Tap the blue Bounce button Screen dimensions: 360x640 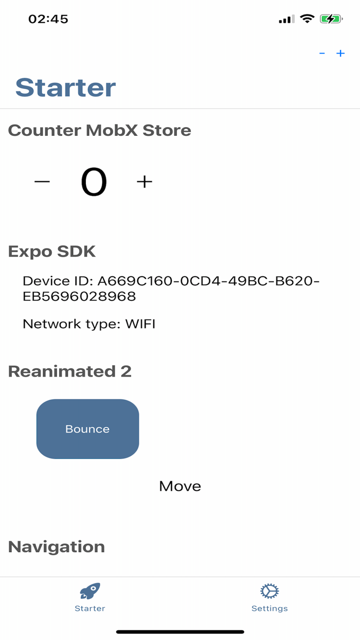(87, 429)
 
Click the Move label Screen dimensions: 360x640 (180, 486)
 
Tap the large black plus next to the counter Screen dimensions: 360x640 (145, 182)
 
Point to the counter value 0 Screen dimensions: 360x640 (94, 183)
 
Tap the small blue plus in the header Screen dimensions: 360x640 (340, 54)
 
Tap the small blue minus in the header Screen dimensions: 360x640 (322, 54)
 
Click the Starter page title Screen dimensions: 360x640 (66, 87)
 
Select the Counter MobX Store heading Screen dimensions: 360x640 (100, 131)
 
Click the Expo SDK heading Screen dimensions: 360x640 (52, 252)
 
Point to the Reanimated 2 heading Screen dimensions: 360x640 (70, 371)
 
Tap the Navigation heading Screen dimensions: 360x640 (57, 547)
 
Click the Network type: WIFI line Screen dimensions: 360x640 (89, 324)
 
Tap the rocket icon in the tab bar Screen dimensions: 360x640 (90, 591)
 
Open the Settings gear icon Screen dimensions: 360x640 (269, 591)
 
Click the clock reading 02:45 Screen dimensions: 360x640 (48, 19)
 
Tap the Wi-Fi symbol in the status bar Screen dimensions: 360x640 (307, 19)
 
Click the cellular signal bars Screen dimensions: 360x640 (286, 20)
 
